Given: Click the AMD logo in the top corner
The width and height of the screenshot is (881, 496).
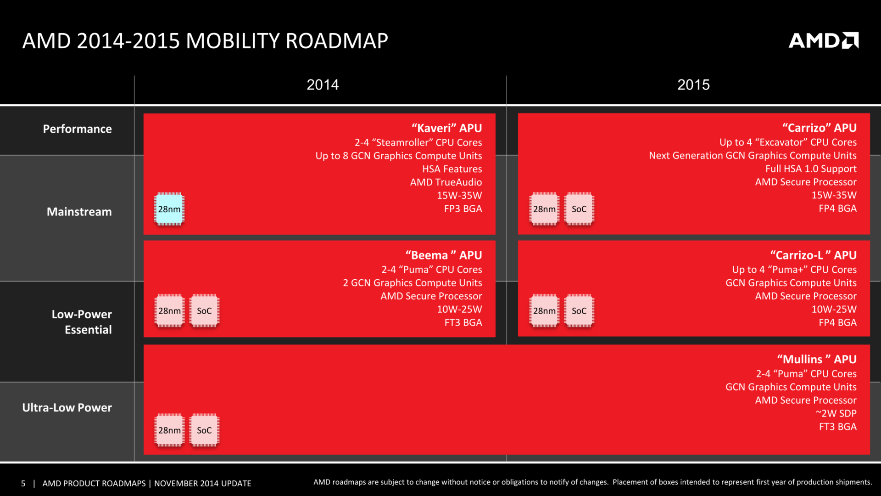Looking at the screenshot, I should (x=823, y=40).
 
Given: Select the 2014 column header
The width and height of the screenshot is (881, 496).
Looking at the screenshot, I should (x=323, y=85).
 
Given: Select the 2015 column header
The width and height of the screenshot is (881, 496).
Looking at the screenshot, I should (x=693, y=85).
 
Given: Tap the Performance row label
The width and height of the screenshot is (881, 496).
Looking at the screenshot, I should (x=77, y=129).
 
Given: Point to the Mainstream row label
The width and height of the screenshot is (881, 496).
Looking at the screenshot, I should (x=79, y=212).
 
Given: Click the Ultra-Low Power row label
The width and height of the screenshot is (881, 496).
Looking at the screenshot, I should (x=67, y=408).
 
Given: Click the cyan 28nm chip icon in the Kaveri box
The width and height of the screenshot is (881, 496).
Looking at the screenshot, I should (x=169, y=209).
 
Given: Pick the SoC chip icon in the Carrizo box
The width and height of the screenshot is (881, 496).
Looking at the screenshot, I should (x=579, y=209).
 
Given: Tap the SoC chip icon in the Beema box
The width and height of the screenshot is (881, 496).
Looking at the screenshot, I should (x=204, y=311).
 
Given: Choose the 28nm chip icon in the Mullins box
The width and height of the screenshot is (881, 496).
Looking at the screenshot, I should (x=169, y=430).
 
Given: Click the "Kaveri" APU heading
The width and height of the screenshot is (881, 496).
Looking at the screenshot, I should (x=446, y=128).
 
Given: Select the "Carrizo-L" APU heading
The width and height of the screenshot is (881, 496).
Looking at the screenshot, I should (x=813, y=255).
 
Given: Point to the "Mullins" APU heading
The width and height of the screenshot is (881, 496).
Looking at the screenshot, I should (x=817, y=360).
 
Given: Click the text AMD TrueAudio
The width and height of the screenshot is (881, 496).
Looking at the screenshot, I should (x=446, y=182).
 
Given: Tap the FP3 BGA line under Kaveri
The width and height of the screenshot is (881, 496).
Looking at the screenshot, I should (x=463, y=209).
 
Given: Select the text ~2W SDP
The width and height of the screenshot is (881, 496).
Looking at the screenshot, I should (x=836, y=413).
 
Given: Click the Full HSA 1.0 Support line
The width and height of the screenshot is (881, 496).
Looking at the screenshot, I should (x=810, y=169).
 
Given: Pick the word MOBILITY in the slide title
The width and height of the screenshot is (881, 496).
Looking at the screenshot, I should (x=233, y=41).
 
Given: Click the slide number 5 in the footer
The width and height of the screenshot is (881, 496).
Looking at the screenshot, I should (x=23, y=484).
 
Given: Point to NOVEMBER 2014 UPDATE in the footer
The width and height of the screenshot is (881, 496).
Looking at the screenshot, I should (x=202, y=484).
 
